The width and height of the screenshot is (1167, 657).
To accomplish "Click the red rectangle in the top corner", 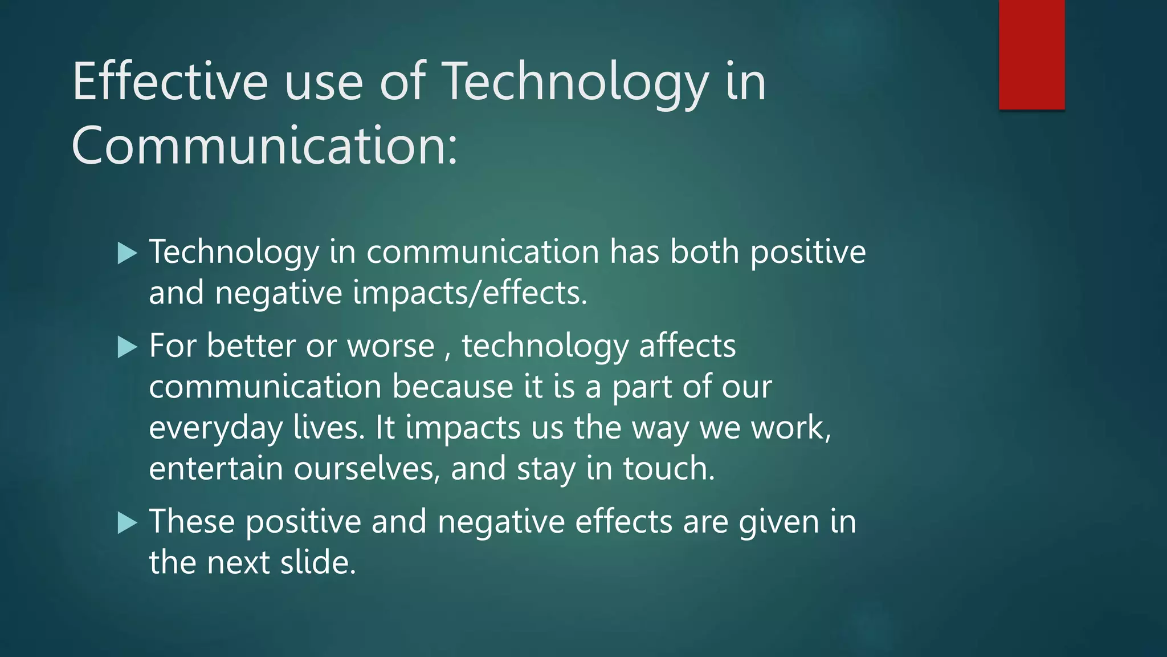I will (x=1031, y=54).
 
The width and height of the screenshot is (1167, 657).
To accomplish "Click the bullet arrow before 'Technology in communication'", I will (x=127, y=253).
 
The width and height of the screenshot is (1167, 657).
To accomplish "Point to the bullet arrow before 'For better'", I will (x=127, y=347).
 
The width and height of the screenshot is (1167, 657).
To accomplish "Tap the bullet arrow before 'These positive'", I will (x=127, y=522).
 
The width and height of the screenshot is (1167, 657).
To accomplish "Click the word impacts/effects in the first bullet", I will (x=470, y=293).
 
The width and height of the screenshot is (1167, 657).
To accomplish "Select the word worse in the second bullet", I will (x=391, y=346).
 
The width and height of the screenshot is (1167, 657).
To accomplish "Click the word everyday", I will (x=215, y=428).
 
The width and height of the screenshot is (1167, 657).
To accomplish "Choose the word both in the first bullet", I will (x=704, y=252).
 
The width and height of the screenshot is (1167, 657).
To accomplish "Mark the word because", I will (x=452, y=387).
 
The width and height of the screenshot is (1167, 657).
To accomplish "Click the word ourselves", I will (x=366, y=468).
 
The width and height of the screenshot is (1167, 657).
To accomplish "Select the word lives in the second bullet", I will (x=327, y=428).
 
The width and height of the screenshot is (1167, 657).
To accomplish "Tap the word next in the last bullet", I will (x=238, y=562).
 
